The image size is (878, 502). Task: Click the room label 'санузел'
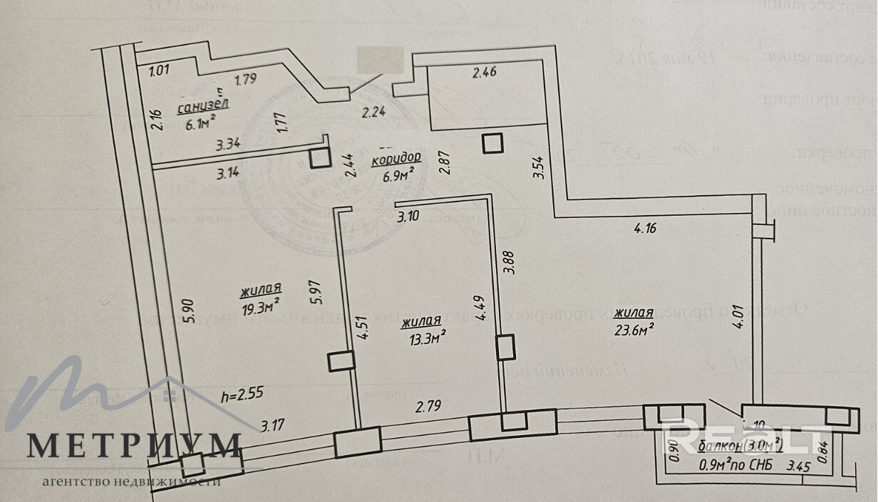tap(203, 108)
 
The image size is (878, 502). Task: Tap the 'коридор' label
tap(396, 157)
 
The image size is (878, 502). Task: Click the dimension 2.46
tap(484, 71)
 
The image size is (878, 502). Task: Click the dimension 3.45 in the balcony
tap(798, 468)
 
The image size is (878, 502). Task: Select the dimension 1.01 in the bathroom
tap(160, 70)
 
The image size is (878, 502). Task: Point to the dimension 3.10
tap(408, 216)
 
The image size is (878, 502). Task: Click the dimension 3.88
tap(508, 262)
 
